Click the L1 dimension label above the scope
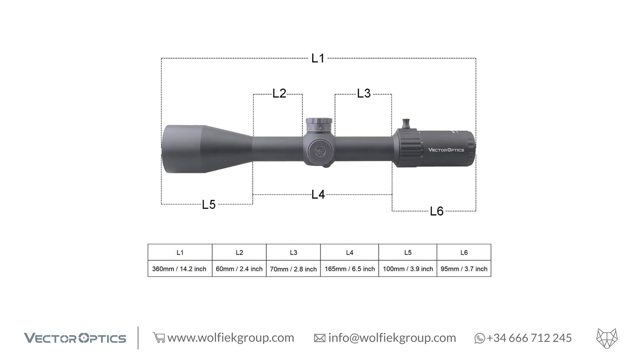(318, 58)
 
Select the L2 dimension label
(279, 93)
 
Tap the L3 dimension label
(364, 93)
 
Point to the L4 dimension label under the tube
(318, 194)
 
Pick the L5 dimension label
(208, 204)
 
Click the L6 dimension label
(437, 211)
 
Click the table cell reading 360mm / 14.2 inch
(179, 269)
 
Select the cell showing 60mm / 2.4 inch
(239, 269)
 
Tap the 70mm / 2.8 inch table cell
(293, 269)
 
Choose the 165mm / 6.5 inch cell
(350, 269)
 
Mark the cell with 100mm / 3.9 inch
(408, 269)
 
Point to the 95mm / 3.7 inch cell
(464, 269)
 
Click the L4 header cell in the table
(350, 252)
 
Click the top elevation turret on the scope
(319, 124)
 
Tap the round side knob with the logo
(320, 150)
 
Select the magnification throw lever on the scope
(406, 124)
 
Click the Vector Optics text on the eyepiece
(446, 149)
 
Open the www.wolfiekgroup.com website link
(230, 338)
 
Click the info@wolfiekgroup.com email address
(391, 338)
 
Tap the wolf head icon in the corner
(606, 338)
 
